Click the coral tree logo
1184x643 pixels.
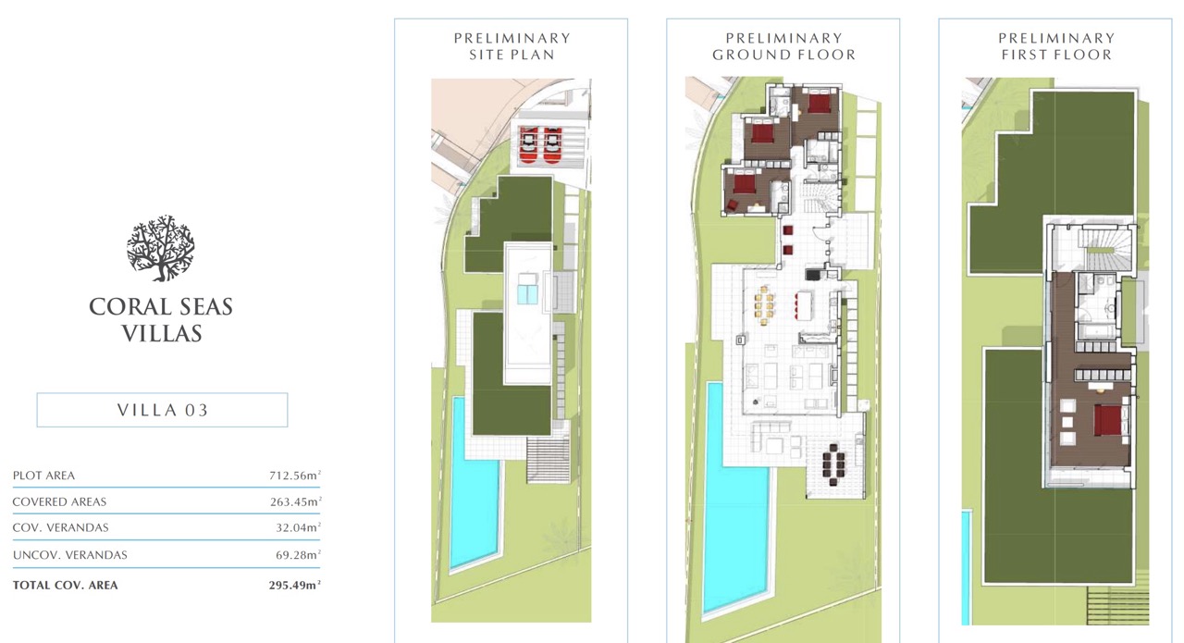point(161,248)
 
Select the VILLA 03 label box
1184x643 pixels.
point(162,410)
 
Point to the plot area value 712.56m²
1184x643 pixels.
point(295,475)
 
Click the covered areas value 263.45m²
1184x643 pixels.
point(295,501)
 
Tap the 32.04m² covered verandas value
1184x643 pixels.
point(298,527)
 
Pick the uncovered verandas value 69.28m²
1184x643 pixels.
point(298,555)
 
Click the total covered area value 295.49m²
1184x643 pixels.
point(295,585)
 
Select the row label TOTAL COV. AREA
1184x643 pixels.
point(65,586)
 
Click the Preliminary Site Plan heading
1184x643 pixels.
point(512,46)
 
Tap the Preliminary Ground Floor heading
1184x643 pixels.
point(783,46)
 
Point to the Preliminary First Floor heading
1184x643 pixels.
point(1056,46)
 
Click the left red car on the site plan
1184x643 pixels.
point(528,145)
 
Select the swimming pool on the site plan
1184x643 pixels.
point(474,484)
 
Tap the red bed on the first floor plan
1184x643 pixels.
point(1107,420)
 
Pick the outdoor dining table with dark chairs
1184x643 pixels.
point(833,465)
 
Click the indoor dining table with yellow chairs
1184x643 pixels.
point(763,305)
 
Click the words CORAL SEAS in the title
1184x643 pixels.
point(161,306)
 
